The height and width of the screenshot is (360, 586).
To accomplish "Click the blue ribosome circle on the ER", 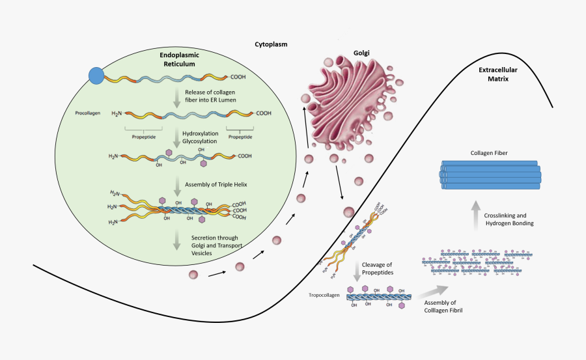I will (x=96, y=76).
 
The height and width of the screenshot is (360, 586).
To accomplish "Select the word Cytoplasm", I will (x=271, y=44).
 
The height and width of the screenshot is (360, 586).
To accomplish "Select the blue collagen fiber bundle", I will (x=491, y=174).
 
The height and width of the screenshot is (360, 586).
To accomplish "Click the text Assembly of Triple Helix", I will (x=216, y=184).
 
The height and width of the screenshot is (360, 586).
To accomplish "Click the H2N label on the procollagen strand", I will (x=117, y=113).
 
